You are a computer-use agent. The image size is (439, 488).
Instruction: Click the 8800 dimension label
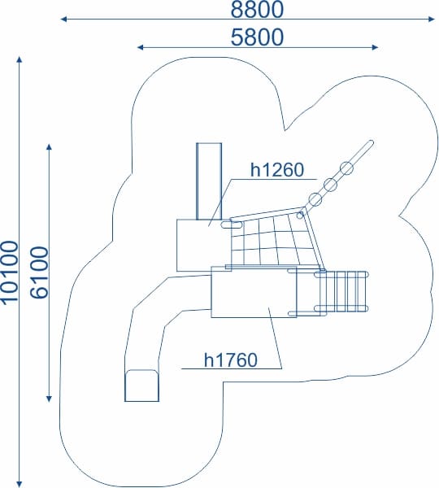click(257, 9)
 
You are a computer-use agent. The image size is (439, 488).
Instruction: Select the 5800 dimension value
click(257, 37)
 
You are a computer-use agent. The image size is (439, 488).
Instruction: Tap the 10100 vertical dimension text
click(9, 272)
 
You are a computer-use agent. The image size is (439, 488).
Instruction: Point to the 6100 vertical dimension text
click(39, 272)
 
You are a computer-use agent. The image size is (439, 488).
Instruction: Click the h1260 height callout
click(277, 170)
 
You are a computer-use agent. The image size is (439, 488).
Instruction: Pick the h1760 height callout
click(231, 359)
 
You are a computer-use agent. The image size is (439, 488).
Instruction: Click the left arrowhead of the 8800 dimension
click(63, 20)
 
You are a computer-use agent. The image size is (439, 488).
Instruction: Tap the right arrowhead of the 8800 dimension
click(431, 20)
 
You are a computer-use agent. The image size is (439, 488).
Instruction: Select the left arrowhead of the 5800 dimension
click(141, 47)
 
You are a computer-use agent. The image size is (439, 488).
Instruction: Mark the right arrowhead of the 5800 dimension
click(375, 47)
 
